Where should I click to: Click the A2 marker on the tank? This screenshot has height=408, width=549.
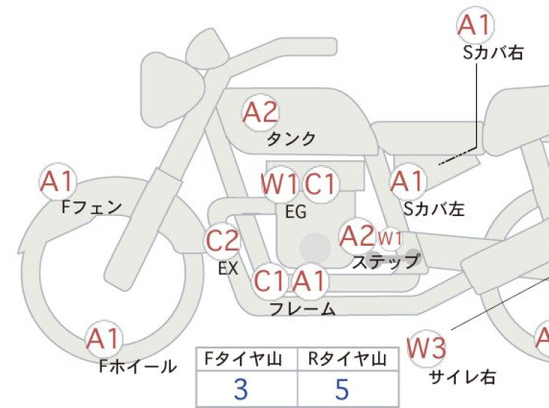pos(260,113)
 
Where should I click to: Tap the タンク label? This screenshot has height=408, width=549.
pos(292,139)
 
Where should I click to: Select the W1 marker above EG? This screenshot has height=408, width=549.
pos(280,184)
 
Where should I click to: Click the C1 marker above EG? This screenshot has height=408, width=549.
pos(321,184)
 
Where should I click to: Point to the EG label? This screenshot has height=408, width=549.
pos(296,212)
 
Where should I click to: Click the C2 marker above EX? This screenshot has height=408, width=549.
pos(223,241)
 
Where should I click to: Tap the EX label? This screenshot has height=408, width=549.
pos(228,269)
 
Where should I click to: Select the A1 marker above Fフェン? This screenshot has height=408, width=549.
pos(57,181)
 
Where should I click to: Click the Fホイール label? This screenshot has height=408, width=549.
pos(138,367)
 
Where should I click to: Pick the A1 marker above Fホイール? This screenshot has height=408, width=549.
pos(104,339)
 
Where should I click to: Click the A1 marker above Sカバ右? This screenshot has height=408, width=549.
pos(475,25)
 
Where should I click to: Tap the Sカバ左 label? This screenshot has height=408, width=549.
pos(434,209)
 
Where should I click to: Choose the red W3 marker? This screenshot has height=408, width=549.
pos(426,348)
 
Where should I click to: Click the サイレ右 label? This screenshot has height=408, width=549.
pos(462,377)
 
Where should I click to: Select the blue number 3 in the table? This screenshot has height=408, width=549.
pos(241,389)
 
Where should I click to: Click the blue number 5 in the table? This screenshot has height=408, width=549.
pos(342,389)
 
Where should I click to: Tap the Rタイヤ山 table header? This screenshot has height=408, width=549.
pos(348,359)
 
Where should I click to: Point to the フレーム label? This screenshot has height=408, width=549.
pos(303,309)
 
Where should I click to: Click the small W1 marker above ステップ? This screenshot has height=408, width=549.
pos(390,239)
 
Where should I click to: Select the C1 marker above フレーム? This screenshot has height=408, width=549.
pos(269,281)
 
